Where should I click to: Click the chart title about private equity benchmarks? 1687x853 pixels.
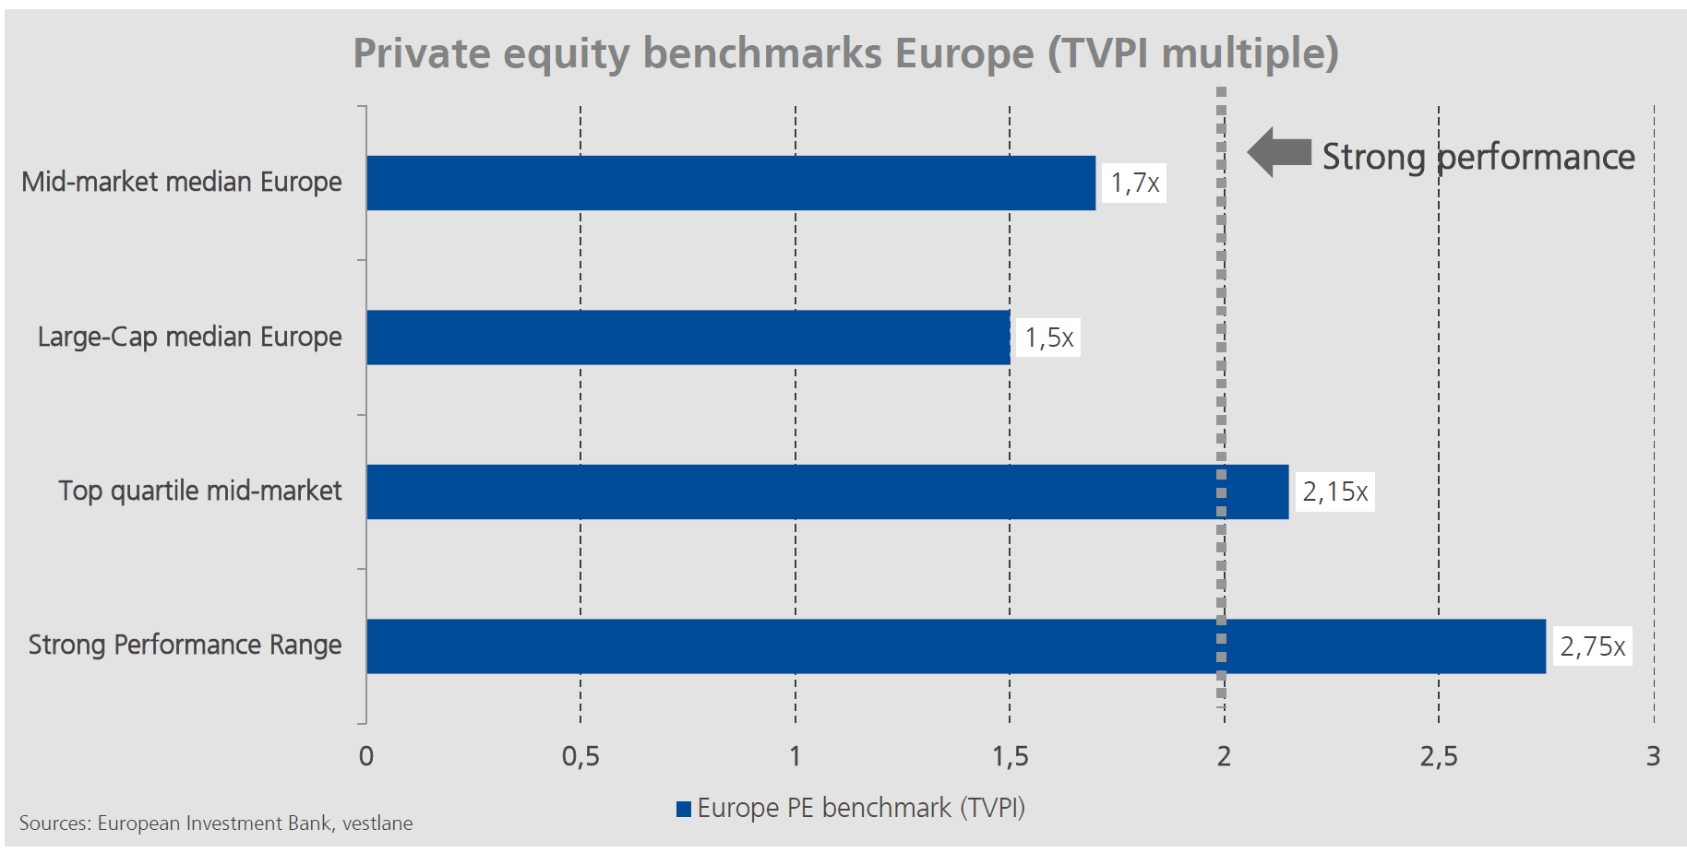coord(845,53)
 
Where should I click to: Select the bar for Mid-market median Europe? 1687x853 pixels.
coord(731,183)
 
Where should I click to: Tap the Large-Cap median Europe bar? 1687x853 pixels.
coord(688,338)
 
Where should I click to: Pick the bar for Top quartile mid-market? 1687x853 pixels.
coord(827,492)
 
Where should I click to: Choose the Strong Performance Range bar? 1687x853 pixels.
coord(955,646)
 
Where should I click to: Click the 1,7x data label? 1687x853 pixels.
coord(1134,183)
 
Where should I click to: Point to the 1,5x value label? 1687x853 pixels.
coord(1048,338)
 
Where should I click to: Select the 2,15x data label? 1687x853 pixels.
coord(1334,492)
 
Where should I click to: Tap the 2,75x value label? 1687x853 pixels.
coord(1592,646)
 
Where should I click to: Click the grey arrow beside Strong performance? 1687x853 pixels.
coord(1278,152)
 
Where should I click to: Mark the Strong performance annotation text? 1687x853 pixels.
coord(1478,157)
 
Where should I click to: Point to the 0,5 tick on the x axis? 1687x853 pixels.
coord(580,757)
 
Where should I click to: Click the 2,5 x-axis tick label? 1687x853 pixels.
coord(1438,757)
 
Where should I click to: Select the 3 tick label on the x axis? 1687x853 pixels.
coord(1653,757)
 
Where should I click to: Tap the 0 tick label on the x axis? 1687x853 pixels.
coord(366,757)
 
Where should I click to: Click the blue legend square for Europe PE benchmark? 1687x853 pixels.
coord(684,809)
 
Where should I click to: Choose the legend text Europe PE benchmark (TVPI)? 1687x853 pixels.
coord(861,808)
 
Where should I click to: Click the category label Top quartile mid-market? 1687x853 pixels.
coord(200,491)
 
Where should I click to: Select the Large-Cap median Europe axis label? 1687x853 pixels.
coord(189,337)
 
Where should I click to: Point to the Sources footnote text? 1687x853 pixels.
coord(216,823)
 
